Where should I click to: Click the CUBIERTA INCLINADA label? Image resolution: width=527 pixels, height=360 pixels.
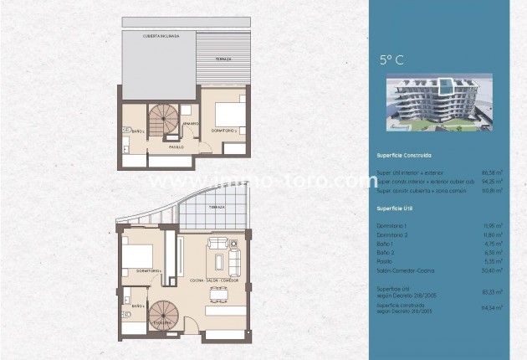click(x=160, y=36)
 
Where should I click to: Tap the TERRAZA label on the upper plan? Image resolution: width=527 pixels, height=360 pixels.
click(x=222, y=59)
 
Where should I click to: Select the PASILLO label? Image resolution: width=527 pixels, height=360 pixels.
click(x=176, y=147)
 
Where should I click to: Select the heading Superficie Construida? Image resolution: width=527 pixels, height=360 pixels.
click(x=404, y=155)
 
